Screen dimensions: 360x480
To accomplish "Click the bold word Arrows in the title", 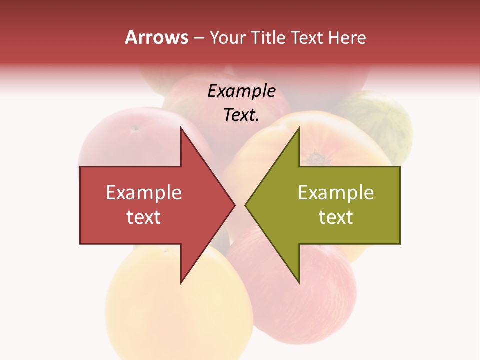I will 156,37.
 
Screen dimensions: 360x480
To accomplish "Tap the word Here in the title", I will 347,38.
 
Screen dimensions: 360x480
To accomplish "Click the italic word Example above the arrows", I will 242,91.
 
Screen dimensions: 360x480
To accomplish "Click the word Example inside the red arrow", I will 144,193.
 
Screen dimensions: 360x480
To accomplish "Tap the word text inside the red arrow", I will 144,217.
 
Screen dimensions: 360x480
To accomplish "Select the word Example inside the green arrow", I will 336,193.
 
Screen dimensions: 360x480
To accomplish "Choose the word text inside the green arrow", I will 336,217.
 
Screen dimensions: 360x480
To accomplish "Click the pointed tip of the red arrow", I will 235,205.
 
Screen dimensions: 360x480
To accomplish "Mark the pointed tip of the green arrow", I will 245,205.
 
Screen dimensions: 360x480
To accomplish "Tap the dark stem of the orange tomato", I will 315,159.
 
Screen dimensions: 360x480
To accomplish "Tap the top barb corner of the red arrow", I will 181,127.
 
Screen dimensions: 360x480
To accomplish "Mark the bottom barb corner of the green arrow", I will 299,283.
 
